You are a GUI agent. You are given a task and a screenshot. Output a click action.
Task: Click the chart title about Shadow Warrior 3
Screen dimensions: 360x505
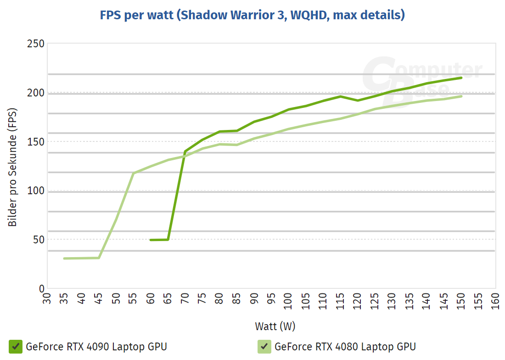[x=252, y=15]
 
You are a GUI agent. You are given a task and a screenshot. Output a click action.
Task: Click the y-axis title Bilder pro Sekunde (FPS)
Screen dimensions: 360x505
[x=12, y=167]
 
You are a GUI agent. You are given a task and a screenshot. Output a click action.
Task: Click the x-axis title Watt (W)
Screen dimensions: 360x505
[x=275, y=326]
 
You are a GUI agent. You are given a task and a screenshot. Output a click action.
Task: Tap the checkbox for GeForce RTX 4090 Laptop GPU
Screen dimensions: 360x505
[x=16, y=346]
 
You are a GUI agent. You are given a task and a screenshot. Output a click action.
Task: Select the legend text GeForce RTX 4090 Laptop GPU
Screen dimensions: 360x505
[x=96, y=346]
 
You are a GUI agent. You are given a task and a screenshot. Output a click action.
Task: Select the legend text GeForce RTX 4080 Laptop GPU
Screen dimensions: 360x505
[x=345, y=346]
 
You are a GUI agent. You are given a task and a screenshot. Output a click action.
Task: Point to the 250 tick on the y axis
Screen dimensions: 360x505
[x=35, y=44]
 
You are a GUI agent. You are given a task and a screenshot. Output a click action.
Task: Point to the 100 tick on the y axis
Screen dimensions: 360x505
[x=35, y=191]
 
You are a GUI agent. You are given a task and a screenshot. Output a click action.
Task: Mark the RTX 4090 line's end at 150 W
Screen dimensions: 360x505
[x=461, y=78]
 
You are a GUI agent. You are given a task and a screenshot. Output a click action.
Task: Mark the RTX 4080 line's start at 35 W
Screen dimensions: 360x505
[x=64, y=259]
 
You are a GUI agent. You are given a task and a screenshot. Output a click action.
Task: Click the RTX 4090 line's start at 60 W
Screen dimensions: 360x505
[x=151, y=240]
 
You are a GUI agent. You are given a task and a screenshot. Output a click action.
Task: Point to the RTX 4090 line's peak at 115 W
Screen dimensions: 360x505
[x=340, y=96]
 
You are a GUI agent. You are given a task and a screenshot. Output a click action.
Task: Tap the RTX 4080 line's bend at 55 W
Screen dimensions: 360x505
[x=133, y=173]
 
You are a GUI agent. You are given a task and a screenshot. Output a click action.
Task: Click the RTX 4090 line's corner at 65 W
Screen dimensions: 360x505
[x=168, y=239]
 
